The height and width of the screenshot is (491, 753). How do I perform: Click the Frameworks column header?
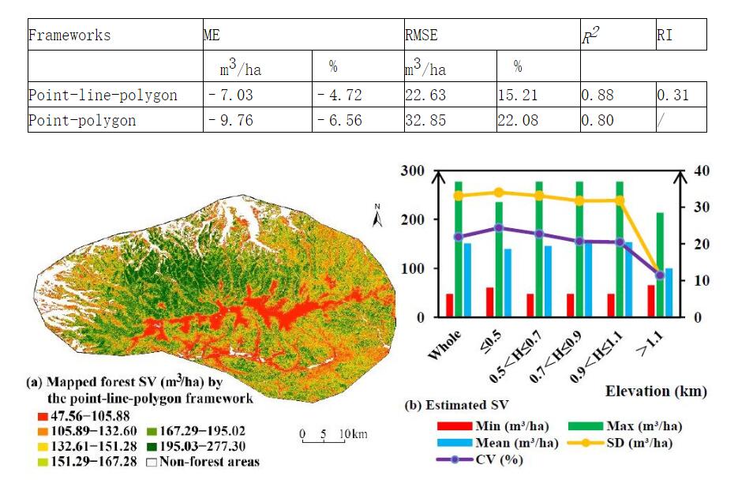coord(69,36)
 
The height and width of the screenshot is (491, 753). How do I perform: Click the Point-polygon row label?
coord(82,121)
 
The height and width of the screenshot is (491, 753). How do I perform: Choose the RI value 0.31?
coord(672,96)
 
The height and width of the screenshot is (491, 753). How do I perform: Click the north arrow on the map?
coord(377,215)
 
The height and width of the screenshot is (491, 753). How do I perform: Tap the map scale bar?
coord(324,438)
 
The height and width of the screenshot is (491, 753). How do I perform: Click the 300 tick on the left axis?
coord(414,171)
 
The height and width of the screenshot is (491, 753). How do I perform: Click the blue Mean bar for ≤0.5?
coord(508,283)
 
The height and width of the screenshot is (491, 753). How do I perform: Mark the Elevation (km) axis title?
coord(655,391)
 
